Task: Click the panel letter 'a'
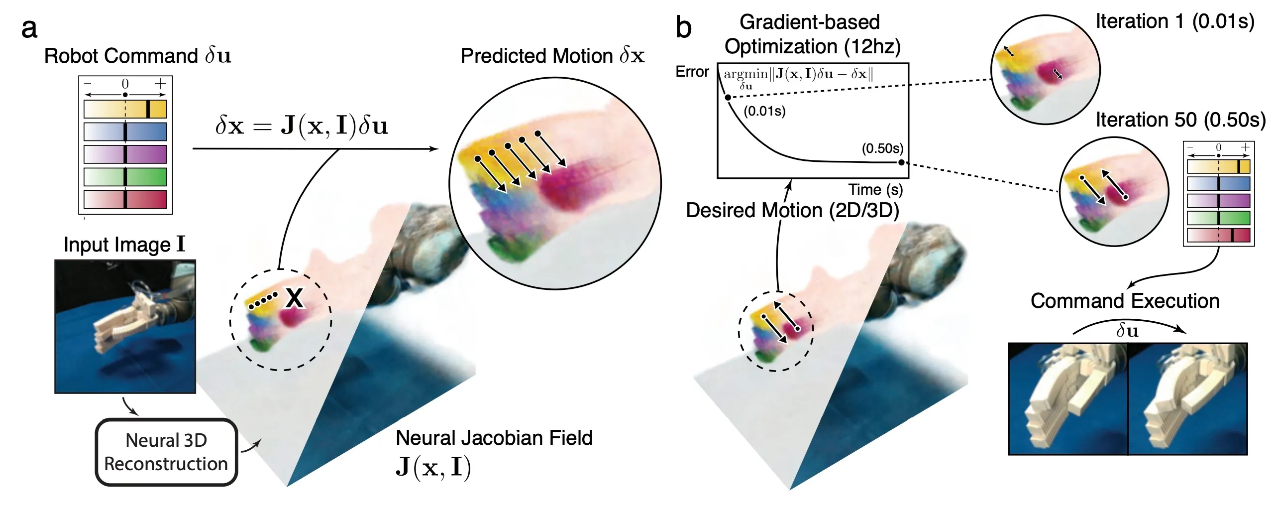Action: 29,28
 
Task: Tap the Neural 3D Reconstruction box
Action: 166,452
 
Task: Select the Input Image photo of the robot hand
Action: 125,326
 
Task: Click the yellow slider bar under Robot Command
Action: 125,109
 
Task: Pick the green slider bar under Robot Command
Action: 125,177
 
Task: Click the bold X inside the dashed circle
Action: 294,298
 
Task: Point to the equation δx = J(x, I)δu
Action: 302,126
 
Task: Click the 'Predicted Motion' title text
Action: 552,56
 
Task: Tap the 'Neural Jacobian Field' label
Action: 494,438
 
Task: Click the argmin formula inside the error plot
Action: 798,75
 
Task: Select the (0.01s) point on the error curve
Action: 728,97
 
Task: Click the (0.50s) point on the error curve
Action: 901,162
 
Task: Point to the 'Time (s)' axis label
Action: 875,190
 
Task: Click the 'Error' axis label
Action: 692,72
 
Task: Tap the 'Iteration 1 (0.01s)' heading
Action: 1174,21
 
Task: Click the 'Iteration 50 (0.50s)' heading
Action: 1180,120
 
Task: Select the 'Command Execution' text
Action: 1125,301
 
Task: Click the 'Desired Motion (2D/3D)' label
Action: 792,210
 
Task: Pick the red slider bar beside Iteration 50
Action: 1218,235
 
